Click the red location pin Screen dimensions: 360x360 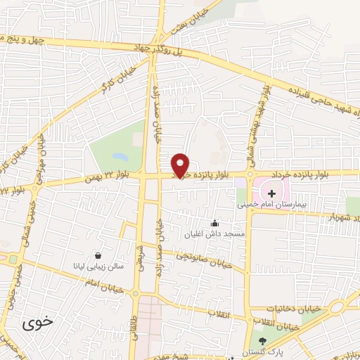coord(181,165)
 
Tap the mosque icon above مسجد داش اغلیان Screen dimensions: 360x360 coord(214,223)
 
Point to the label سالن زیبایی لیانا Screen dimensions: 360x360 coord(101,266)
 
